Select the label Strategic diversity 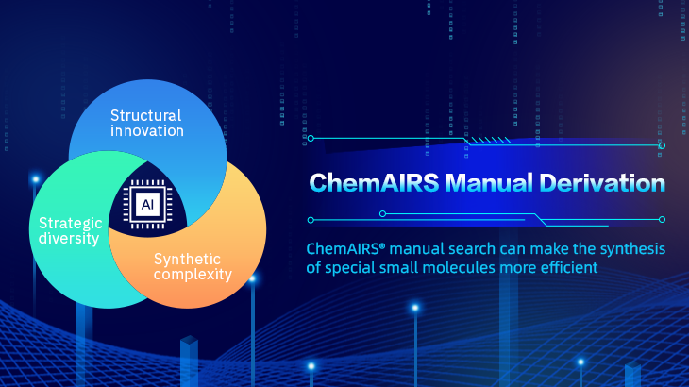coord(69,231)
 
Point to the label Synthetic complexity coord(193,266)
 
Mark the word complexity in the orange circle coord(193,275)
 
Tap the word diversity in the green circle coord(69,239)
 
